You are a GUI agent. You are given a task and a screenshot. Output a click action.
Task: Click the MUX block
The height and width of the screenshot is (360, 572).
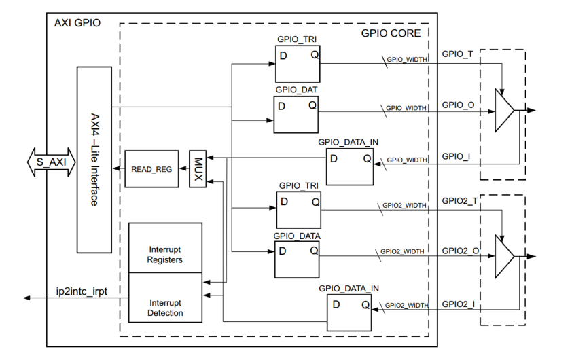(x=197, y=168)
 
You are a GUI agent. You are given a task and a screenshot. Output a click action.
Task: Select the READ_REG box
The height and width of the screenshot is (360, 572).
(x=151, y=168)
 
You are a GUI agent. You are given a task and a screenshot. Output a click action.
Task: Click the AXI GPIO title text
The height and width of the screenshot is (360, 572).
(x=77, y=22)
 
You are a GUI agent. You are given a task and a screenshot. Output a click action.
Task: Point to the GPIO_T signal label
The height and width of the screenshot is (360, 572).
(x=457, y=53)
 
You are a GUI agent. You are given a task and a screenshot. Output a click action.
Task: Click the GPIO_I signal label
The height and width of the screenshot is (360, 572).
(x=454, y=156)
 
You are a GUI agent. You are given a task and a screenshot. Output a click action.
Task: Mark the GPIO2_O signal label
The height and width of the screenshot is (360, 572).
(x=460, y=251)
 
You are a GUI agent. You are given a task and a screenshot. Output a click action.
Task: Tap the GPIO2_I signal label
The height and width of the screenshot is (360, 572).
(x=458, y=303)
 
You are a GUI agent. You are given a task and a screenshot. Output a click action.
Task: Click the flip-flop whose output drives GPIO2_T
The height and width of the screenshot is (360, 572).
(x=297, y=209)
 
